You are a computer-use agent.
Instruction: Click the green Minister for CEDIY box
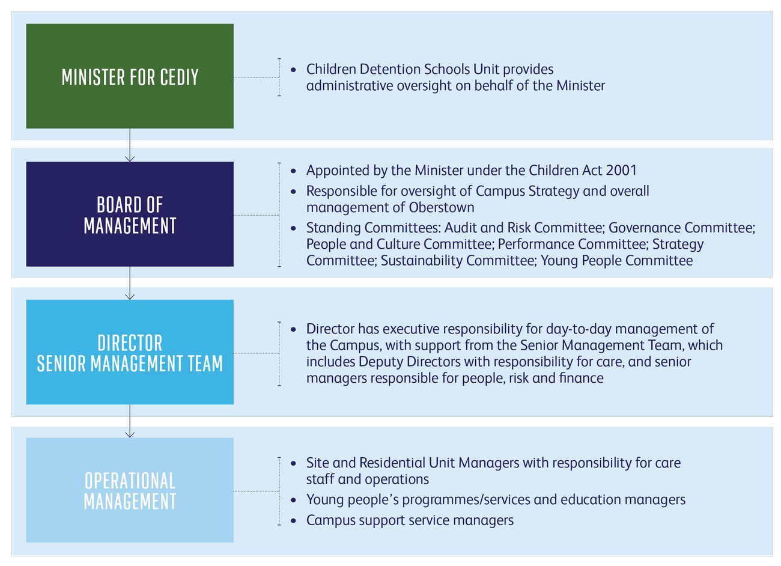click(x=130, y=76)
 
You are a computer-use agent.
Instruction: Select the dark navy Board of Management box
click(x=130, y=214)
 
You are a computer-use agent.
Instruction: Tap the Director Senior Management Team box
click(x=130, y=352)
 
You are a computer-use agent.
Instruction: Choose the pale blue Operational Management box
click(x=130, y=490)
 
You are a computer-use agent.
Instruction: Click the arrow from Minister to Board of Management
click(x=130, y=145)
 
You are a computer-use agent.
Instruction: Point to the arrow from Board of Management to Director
click(x=130, y=283)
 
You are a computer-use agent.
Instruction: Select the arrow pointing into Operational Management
click(x=130, y=421)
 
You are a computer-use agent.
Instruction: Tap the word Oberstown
click(x=442, y=207)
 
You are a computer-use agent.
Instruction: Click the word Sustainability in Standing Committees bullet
click(x=422, y=261)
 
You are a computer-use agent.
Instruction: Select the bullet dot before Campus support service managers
click(x=293, y=521)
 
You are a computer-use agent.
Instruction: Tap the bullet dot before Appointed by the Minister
click(x=293, y=171)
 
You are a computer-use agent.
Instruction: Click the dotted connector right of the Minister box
click(x=257, y=77)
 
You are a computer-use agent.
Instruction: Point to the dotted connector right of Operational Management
click(x=257, y=491)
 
